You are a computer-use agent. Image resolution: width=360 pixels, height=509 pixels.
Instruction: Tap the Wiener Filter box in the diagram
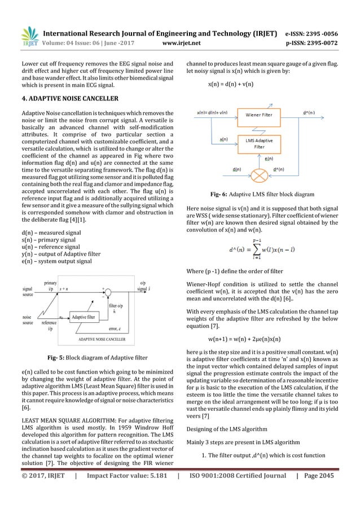(261, 116)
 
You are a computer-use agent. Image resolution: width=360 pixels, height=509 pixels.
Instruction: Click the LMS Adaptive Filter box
(261, 142)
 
